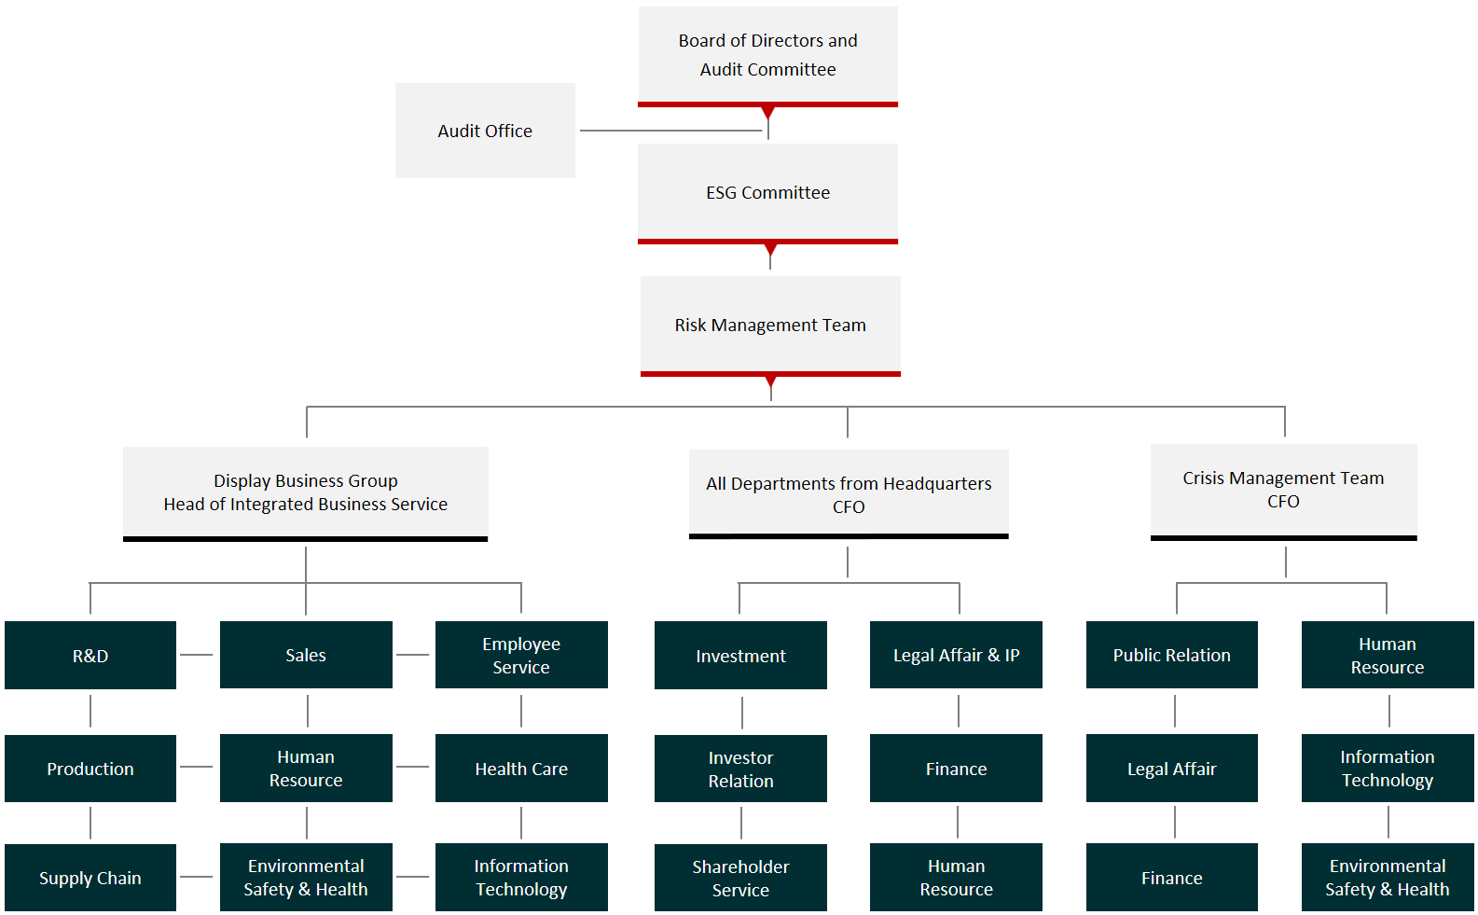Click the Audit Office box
[485, 130]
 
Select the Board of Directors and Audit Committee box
[768, 56]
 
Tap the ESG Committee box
[768, 193]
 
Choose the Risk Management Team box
[770, 326]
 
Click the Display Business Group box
[306, 493]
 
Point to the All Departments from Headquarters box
[849, 494]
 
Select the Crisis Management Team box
[1283, 492]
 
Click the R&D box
[90, 655]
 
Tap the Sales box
[306, 655]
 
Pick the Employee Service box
[521, 655]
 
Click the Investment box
[740, 655]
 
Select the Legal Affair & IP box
[956, 655]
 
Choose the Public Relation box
[1172, 655]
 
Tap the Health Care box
[521, 768]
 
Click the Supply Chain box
[90, 878]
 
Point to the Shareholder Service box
[740, 878]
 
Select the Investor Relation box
[740, 769]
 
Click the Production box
[90, 768]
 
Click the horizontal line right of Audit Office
[671, 131]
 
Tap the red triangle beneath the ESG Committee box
[770, 250]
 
